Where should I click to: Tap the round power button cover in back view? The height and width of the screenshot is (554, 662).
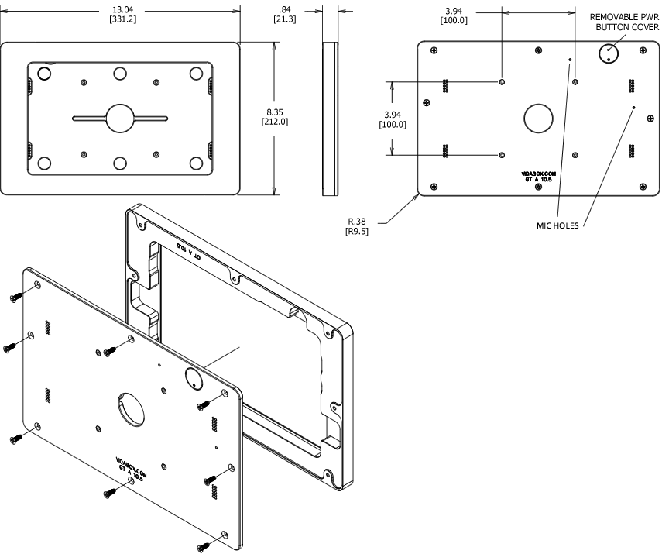click(x=609, y=52)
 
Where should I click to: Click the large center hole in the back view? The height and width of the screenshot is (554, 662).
click(x=538, y=118)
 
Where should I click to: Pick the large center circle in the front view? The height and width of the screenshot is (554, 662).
click(x=119, y=118)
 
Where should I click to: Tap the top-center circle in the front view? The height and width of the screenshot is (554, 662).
click(x=119, y=74)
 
